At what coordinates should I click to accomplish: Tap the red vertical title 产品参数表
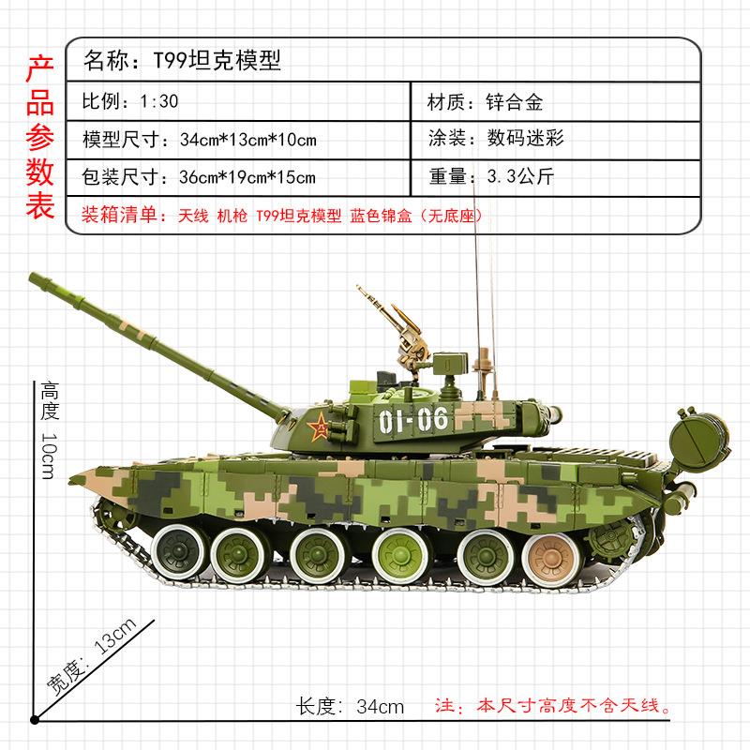38,137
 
